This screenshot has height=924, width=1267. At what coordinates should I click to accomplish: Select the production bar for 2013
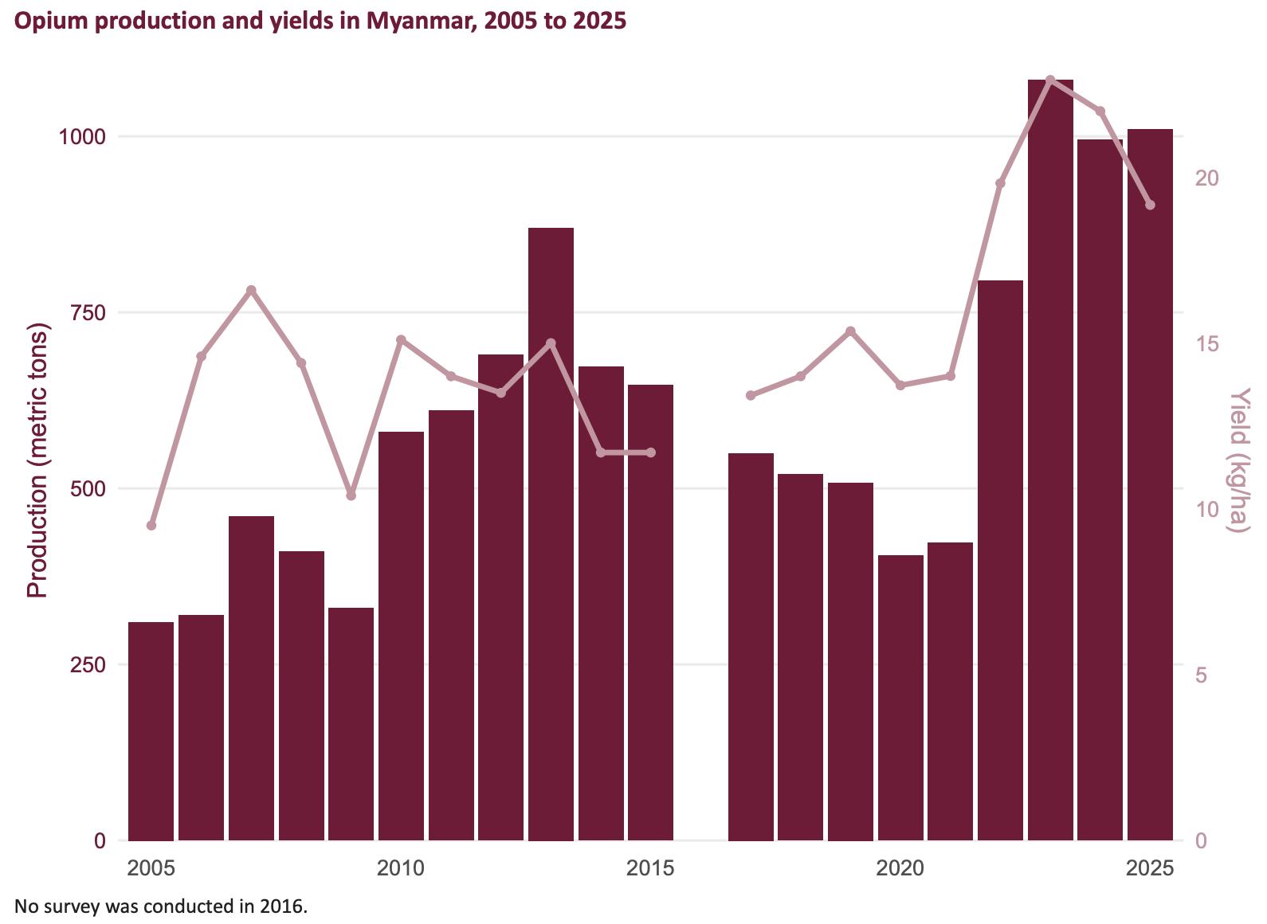click(x=551, y=534)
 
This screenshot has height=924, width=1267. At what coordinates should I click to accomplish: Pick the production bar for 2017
click(x=751, y=646)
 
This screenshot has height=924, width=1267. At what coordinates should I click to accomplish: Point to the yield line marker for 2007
click(x=251, y=290)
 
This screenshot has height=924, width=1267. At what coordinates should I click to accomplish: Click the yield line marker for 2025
click(x=1150, y=205)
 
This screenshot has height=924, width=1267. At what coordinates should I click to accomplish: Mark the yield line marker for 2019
click(x=850, y=331)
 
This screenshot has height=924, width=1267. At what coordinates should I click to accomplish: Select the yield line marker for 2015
click(x=651, y=452)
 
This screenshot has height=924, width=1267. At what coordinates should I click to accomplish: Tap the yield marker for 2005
click(x=151, y=525)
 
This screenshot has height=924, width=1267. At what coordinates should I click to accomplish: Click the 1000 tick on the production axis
click(x=82, y=136)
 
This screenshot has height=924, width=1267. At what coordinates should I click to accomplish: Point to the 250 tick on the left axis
click(x=88, y=664)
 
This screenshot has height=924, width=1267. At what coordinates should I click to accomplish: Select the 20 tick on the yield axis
click(x=1206, y=178)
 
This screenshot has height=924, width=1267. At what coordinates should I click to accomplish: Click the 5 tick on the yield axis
click(x=1201, y=675)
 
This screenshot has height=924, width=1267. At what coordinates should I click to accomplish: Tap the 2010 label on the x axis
click(x=401, y=867)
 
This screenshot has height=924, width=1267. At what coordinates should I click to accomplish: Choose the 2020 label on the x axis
click(x=900, y=867)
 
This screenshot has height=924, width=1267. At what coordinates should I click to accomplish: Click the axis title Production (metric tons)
click(x=37, y=460)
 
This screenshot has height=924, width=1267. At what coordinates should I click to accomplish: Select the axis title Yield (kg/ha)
click(x=1238, y=460)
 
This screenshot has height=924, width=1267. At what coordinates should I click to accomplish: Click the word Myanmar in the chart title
click(x=409, y=21)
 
